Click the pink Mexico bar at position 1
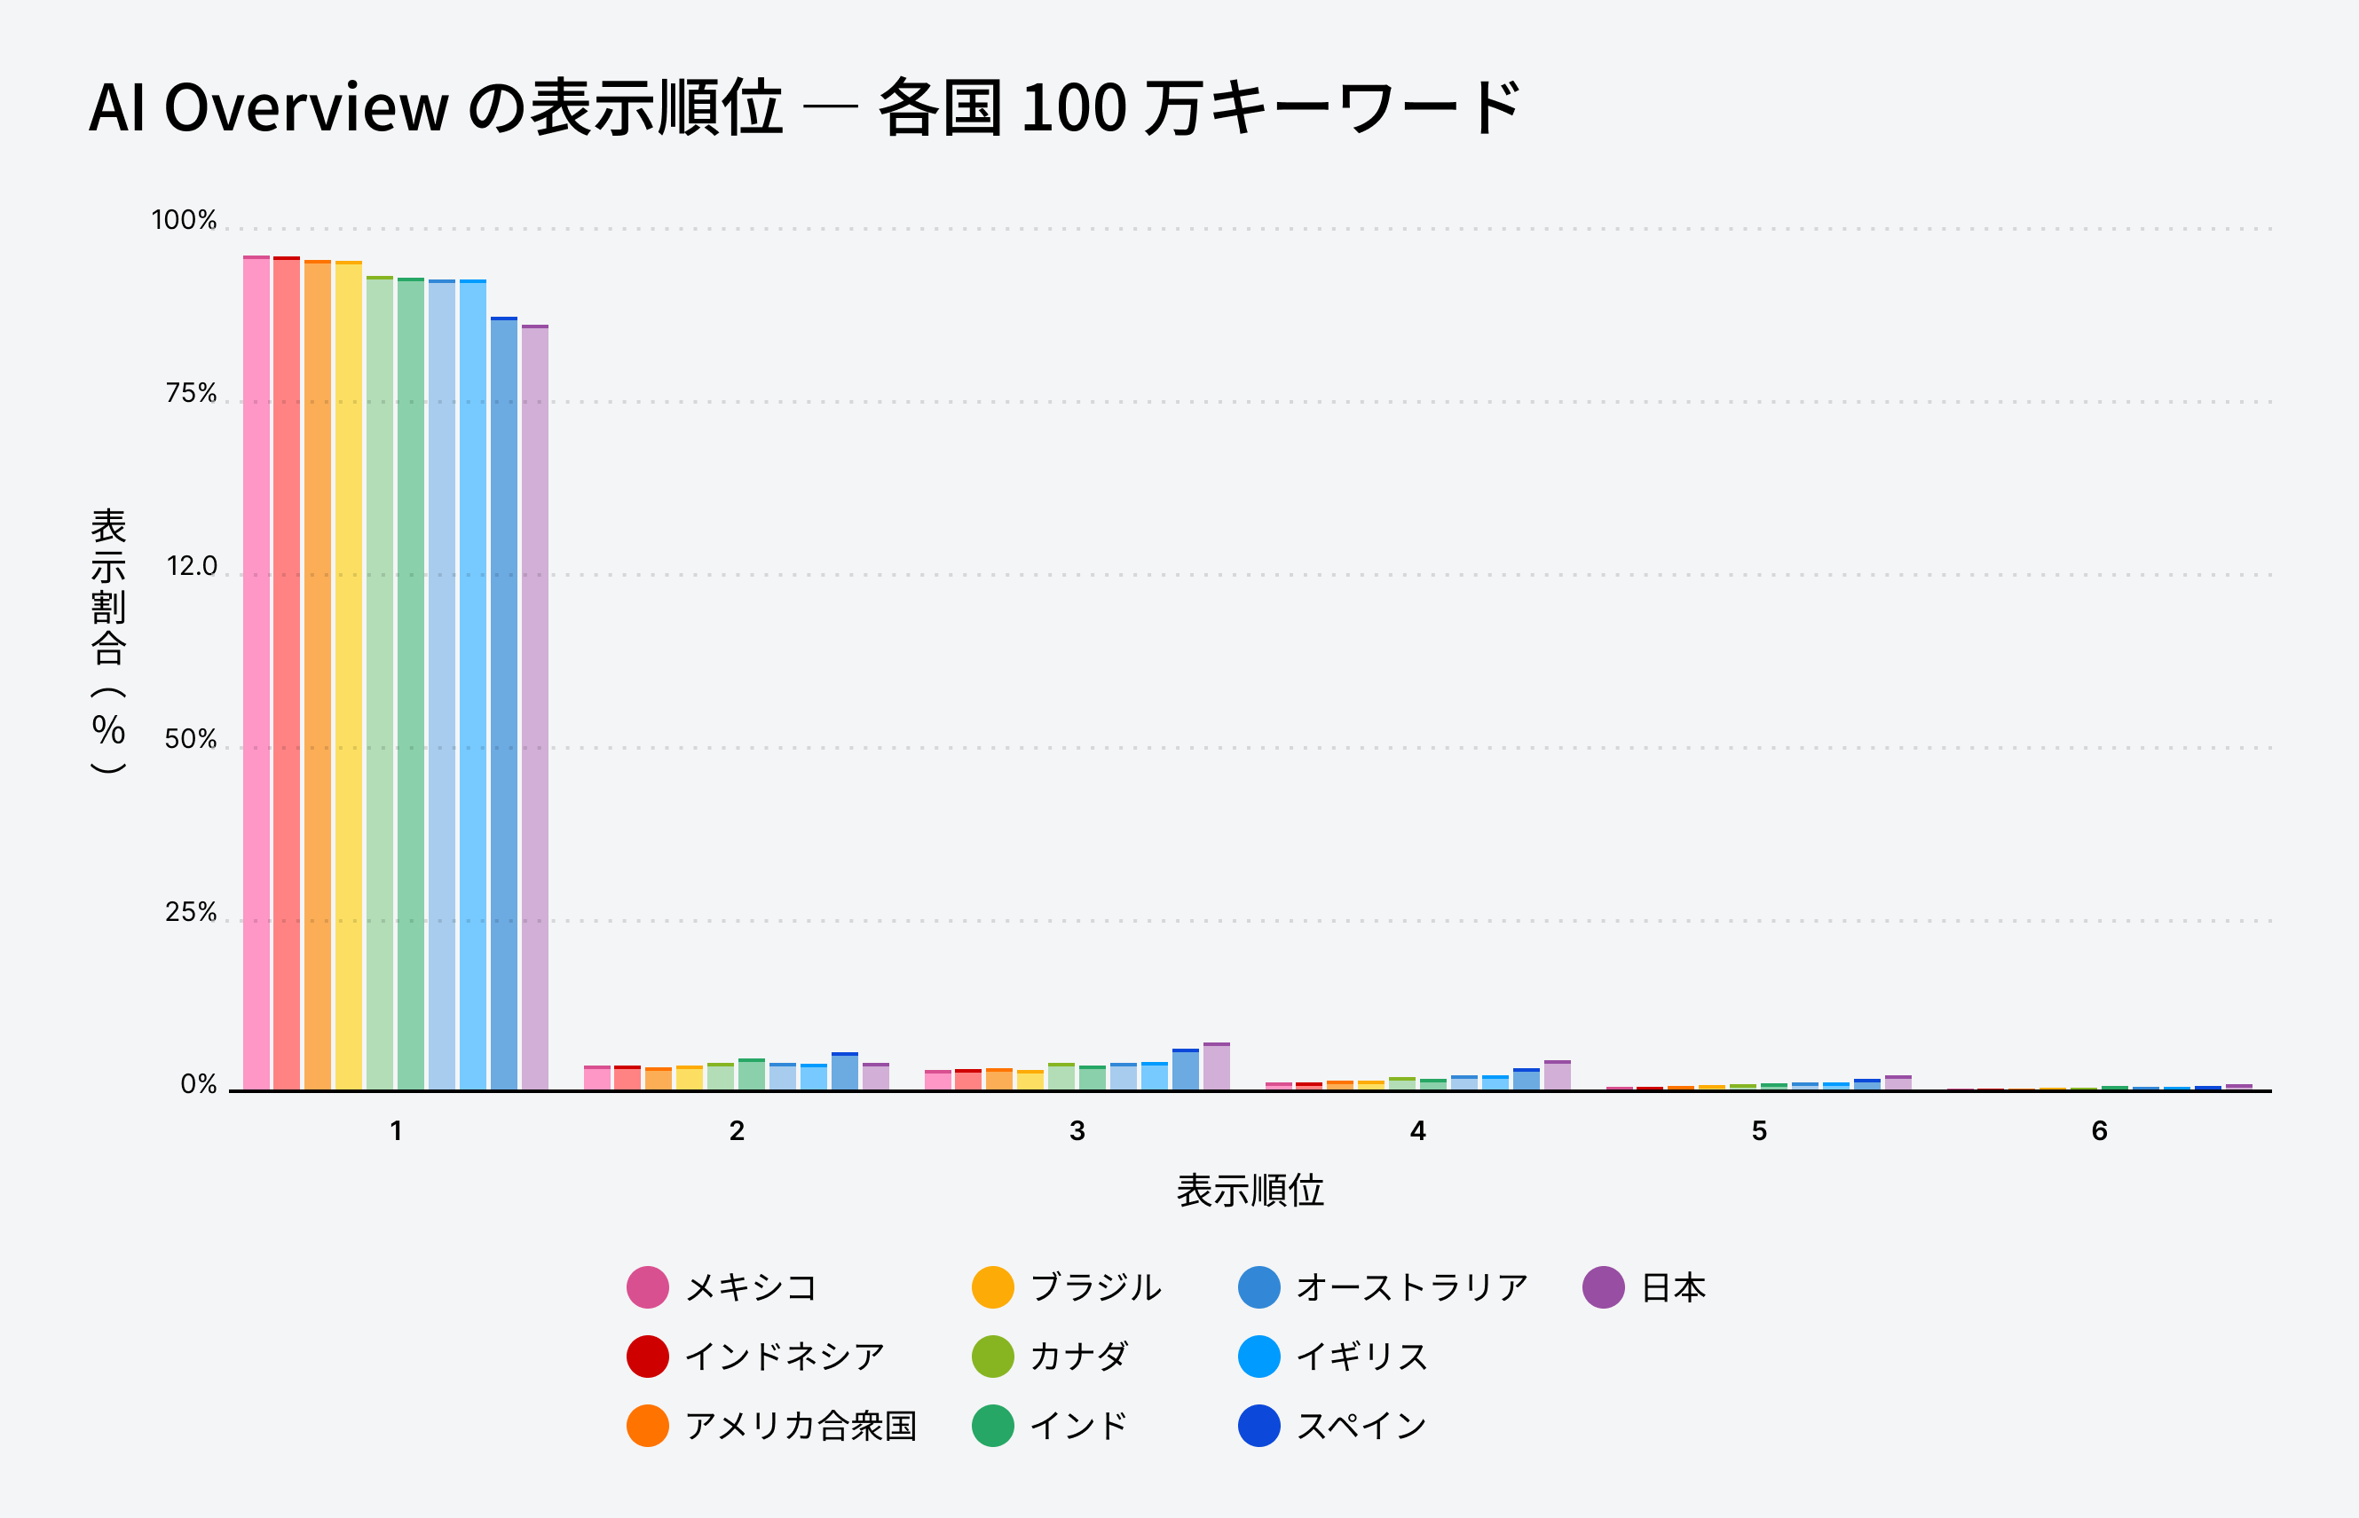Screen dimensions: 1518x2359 (256, 672)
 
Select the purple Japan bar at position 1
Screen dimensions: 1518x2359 (535, 707)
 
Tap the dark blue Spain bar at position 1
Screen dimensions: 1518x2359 (504, 703)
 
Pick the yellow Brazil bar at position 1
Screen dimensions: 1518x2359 (348, 675)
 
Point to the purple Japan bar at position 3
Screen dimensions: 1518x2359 (1217, 1066)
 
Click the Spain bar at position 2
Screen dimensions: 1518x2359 (845, 1072)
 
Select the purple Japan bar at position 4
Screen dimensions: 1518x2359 (1558, 1075)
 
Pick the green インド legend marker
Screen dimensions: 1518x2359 (993, 1426)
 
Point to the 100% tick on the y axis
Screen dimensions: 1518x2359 (184, 220)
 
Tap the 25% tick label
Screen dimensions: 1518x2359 (190, 912)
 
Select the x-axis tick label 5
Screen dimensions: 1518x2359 (1759, 1130)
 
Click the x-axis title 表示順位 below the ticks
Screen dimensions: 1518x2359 (1250, 1191)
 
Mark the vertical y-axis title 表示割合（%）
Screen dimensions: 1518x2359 (108, 641)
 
